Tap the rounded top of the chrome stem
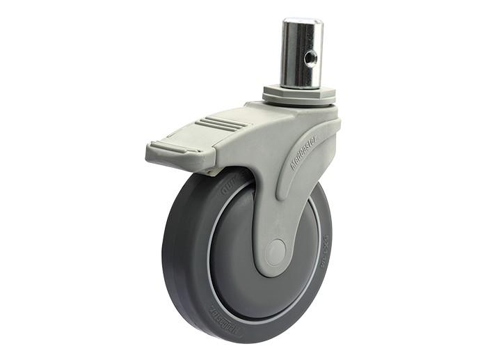click(x=302, y=22)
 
